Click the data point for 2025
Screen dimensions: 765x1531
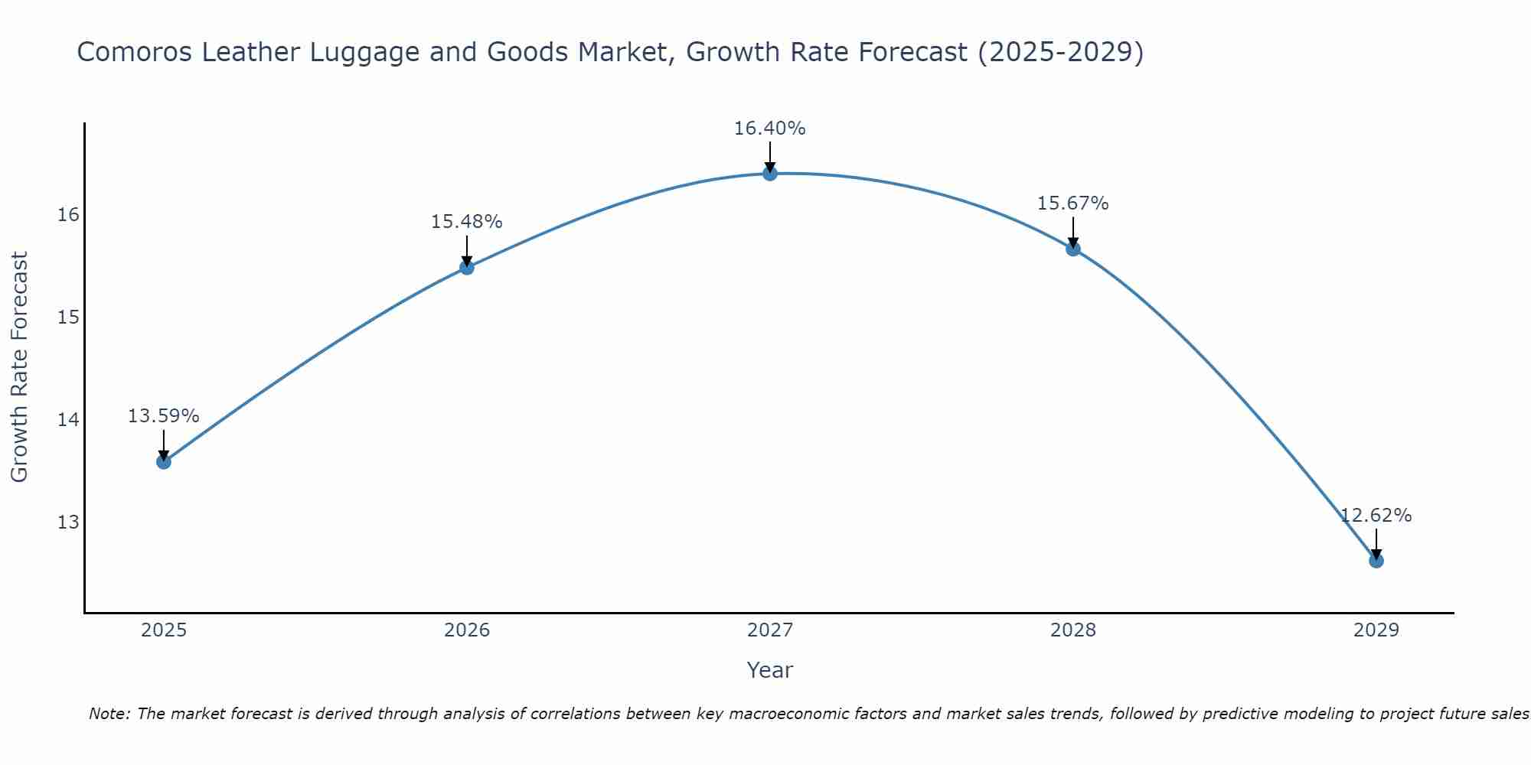coord(164,461)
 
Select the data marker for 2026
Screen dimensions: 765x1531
coord(467,267)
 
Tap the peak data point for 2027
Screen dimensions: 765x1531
coord(770,174)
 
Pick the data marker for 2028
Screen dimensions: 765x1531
coord(1073,248)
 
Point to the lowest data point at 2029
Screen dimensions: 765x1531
coord(1376,561)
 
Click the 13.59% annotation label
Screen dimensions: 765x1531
coord(163,416)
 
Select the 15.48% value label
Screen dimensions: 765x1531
coord(466,222)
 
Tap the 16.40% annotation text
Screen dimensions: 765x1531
coord(769,129)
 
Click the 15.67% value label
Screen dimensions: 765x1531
coord(1072,203)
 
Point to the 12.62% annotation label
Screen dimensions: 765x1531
coord(1376,516)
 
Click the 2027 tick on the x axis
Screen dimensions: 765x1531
coord(770,630)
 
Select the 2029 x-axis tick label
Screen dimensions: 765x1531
coord(1376,630)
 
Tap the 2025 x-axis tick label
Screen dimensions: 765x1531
coord(164,630)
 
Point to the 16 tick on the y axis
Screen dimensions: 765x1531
coord(69,214)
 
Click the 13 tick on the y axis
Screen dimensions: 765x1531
coord(69,522)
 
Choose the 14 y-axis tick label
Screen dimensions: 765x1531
coord(69,419)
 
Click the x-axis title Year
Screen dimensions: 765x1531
coord(769,670)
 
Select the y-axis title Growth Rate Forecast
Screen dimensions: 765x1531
coord(20,366)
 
